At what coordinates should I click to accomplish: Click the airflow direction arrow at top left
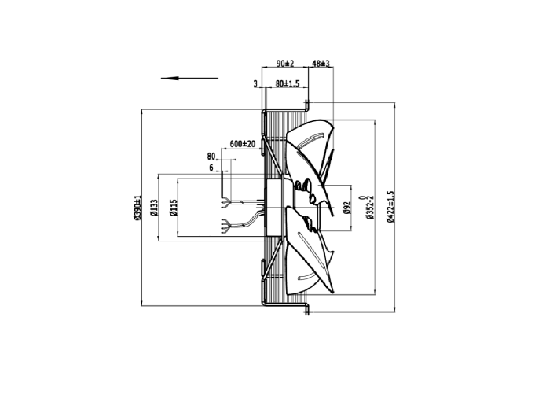pos(189,79)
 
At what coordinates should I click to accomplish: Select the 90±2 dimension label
pos(285,64)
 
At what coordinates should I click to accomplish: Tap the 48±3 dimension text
pos(321,64)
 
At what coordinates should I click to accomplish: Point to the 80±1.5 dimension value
pos(288,83)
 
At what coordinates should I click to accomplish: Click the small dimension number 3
pos(255,83)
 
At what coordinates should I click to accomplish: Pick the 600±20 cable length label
pos(242,144)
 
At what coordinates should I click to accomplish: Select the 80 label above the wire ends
pos(211,156)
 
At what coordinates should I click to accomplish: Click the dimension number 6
pos(211,168)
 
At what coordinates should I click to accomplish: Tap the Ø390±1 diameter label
pos(137,208)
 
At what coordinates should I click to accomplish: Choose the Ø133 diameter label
pos(154,208)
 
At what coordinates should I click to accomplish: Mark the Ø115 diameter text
pos(174,208)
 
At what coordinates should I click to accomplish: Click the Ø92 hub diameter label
pos(346,208)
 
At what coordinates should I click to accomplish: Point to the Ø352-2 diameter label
pos(370,207)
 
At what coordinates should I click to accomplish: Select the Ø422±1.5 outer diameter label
pos(390,207)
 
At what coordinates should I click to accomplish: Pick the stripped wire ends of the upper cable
pos(225,203)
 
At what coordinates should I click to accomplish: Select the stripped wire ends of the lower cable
pos(225,225)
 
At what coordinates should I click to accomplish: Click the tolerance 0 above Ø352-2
pos(362,197)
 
